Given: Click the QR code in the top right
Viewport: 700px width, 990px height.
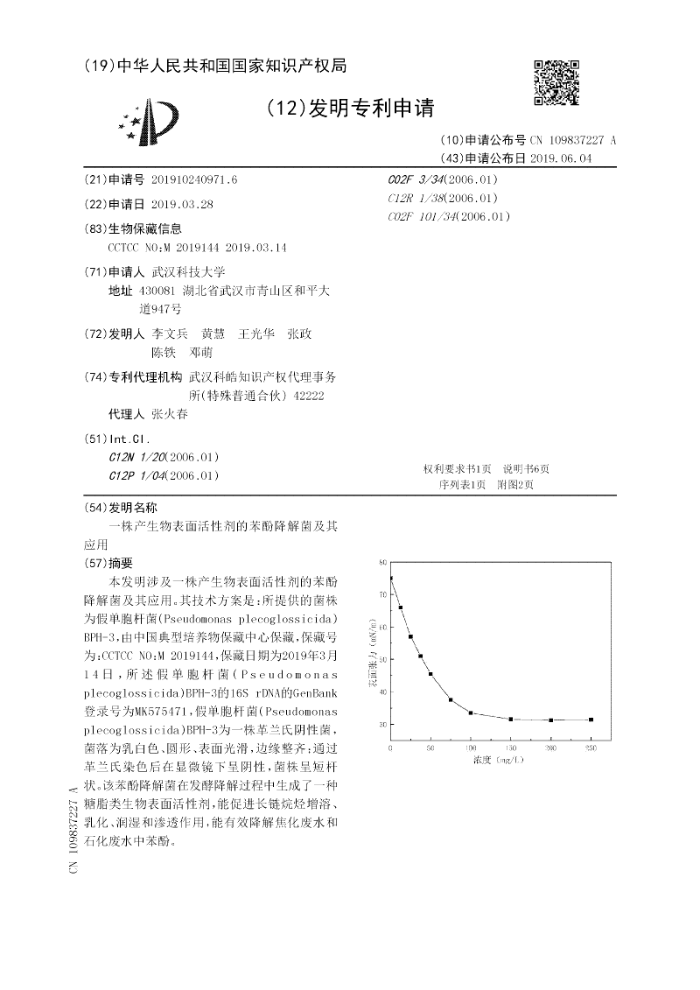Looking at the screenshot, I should point(556,82).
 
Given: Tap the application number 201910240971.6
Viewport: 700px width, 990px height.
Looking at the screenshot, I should point(194,179).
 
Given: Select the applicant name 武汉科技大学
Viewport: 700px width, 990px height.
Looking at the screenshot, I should point(189,271).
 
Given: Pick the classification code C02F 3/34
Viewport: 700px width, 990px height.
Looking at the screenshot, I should point(416,179).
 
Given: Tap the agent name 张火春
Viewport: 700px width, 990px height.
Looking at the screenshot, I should point(170,415).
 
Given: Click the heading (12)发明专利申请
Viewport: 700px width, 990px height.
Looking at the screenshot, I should point(349,108).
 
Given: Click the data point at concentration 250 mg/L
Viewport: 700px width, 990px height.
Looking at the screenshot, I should point(591,720).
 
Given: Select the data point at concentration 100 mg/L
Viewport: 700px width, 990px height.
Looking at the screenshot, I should point(471,713).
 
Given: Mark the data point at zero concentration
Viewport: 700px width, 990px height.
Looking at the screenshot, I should point(391,578).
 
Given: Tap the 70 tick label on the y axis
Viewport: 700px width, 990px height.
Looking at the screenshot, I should point(382,594).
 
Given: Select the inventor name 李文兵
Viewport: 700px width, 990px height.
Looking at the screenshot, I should point(171,334).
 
